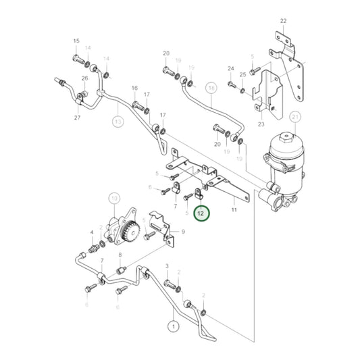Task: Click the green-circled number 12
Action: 201,213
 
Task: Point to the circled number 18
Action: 212,88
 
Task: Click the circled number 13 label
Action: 118,122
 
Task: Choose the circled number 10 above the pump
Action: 113,198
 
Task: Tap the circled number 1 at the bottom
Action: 173,326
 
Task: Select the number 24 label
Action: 230,69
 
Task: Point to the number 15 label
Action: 76,41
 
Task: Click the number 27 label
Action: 78,118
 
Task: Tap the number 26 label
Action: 84,79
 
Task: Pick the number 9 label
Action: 182,232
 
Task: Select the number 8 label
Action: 120,255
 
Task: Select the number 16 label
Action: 134,88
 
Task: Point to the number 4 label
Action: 92,232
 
